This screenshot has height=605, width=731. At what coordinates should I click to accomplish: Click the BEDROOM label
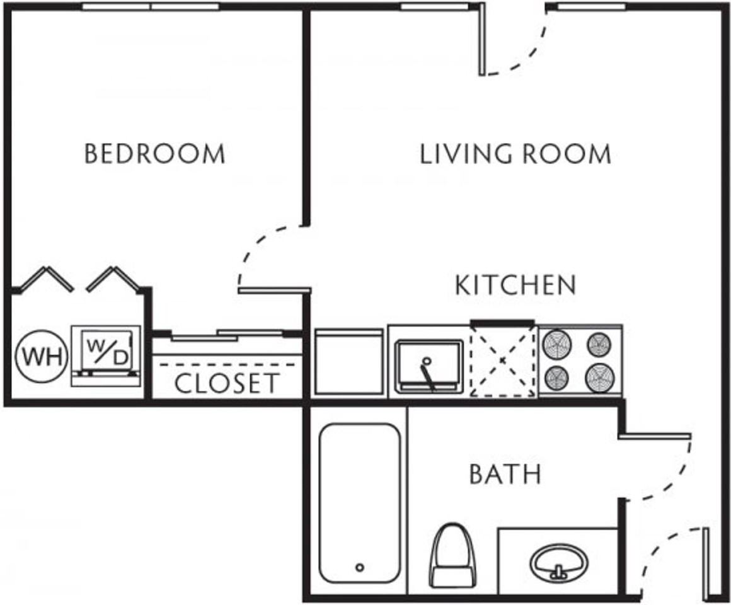[154, 154]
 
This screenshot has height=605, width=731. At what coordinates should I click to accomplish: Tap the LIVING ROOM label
[515, 154]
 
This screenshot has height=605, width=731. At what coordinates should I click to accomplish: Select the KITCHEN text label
[515, 285]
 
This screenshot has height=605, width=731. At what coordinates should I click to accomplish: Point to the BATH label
[505, 474]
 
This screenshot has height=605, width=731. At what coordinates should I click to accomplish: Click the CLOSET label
[226, 383]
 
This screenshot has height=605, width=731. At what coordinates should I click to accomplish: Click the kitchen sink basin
[429, 364]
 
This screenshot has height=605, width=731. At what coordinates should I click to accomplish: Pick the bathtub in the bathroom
[359, 504]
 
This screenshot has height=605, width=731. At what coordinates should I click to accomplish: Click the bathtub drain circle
[360, 567]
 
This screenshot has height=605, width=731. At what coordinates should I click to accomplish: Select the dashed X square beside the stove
[503, 361]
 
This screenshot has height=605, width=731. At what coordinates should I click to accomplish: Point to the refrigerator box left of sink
[348, 362]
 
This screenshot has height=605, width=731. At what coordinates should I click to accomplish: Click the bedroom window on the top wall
[151, 7]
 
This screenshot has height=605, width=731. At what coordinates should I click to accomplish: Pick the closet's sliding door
[227, 335]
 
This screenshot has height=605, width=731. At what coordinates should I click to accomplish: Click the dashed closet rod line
[227, 364]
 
